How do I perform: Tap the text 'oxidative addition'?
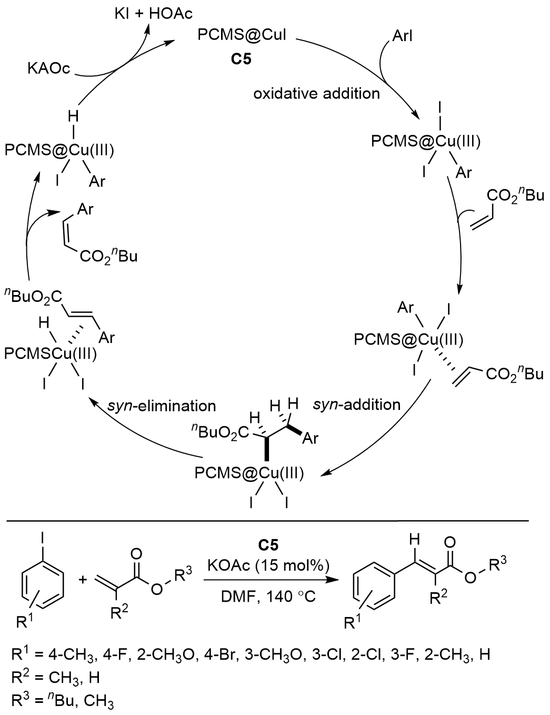[x=316, y=93]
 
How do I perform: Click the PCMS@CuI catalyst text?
[x=243, y=36]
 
